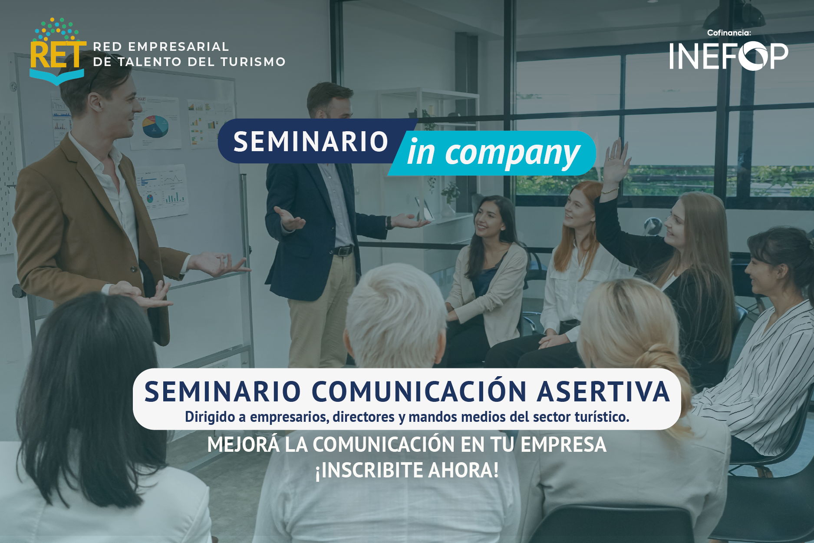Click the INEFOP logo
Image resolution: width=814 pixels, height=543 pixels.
pyautogui.click(x=728, y=56)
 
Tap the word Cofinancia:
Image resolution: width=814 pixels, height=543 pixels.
pyautogui.click(x=729, y=33)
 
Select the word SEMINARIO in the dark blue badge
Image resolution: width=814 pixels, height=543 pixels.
pyautogui.click(x=311, y=142)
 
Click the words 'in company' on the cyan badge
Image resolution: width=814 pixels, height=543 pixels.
pyautogui.click(x=493, y=153)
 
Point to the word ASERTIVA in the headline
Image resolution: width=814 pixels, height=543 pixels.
pyautogui.click(x=603, y=391)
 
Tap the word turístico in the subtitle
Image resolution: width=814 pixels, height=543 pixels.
pyautogui.click(x=602, y=417)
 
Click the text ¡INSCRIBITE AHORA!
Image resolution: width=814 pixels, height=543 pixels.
pyautogui.click(x=407, y=470)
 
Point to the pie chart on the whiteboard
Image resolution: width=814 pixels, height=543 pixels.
pyautogui.click(x=155, y=126)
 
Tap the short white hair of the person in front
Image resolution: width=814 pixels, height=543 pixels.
pyautogui.click(x=395, y=304)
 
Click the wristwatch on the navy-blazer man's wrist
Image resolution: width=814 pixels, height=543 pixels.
pyautogui.click(x=389, y=223)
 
